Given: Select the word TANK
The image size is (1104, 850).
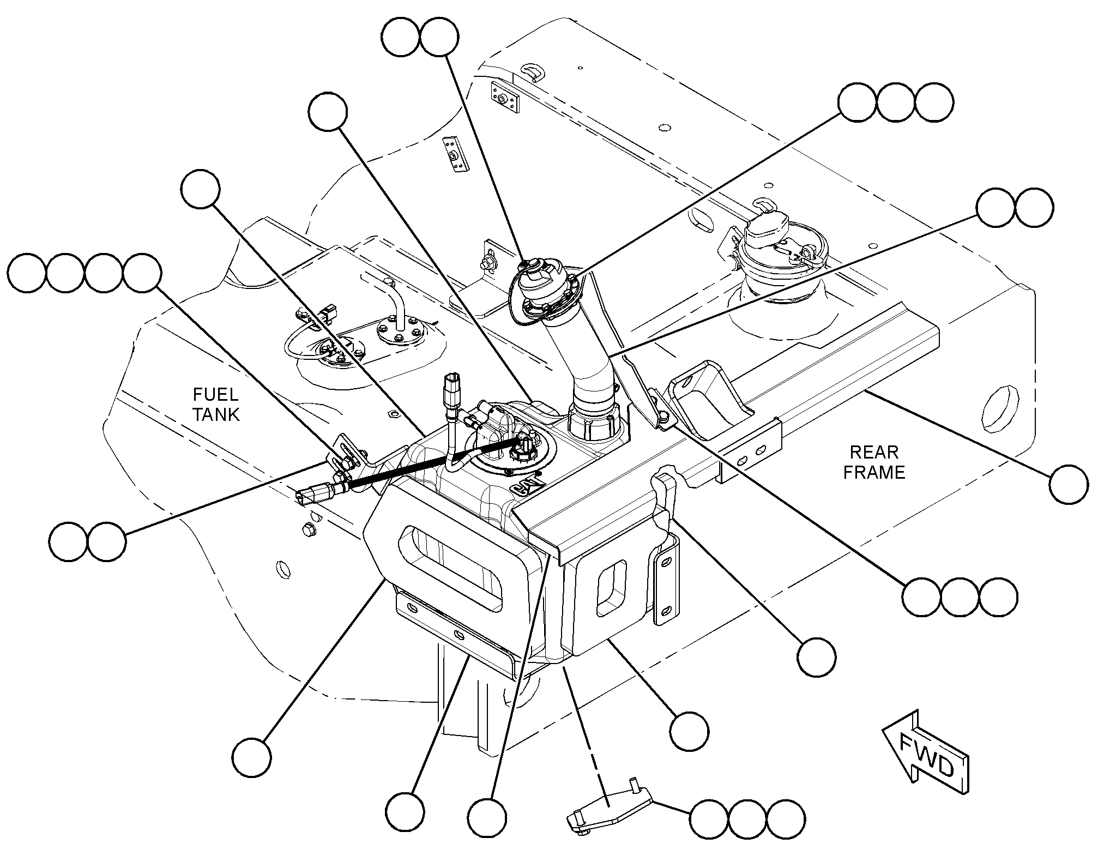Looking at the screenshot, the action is click(216, 414).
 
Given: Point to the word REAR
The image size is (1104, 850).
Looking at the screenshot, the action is click(874, 452).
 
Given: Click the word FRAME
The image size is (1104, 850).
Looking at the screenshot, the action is click(874, 472).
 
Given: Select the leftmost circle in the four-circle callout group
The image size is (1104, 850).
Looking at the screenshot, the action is click(27, 272).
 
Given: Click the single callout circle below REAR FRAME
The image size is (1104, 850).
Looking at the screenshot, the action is click(1069, 484).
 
